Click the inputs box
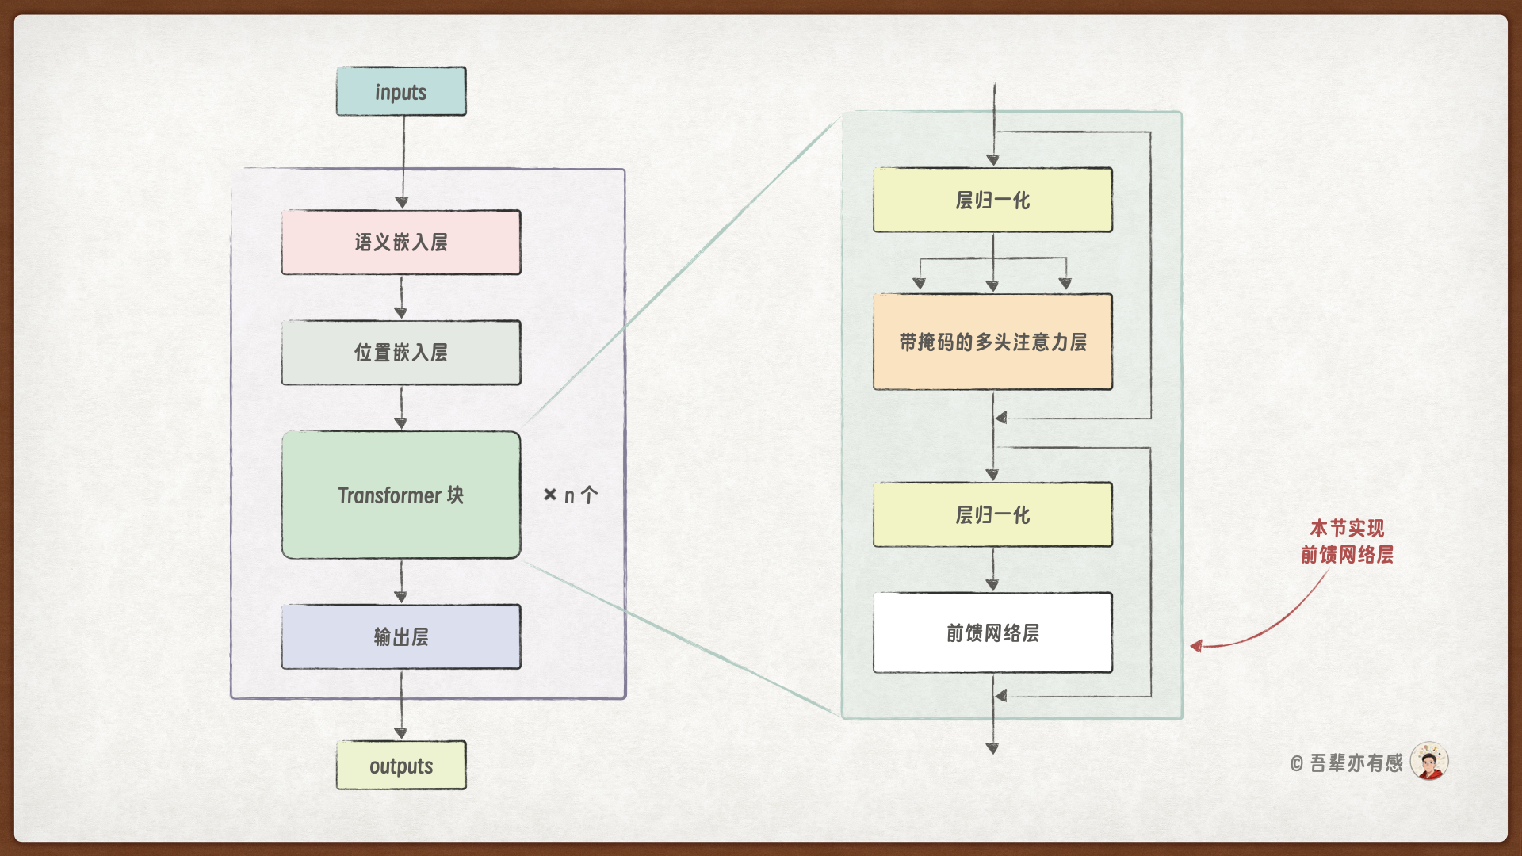[x=401, y=92]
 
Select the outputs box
[x=401, y=766]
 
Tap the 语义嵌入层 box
[x=401, y=243]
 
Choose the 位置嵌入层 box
[x=401, y=353]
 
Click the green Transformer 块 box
[x=401, y=495]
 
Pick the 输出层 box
[x=401, y=637]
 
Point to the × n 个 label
[x=571, y=496]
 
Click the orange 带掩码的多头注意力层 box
[x=992, y=342]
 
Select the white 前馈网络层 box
[x=992, y=633]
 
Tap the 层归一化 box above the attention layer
[x=992, y=201]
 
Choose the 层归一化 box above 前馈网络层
[x=992, y=515]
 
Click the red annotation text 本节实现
[x=1347, y=528]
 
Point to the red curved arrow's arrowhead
[x=1196, y=646]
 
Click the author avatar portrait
[x=1429, y=762]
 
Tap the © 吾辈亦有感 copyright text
[x=1347, y=763]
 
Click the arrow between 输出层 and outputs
[x=401, y=705]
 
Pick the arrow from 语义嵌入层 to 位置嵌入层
[x=401, y=298]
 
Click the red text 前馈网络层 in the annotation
[x=1347, y=555]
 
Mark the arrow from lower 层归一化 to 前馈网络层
[x=992, y=570]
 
